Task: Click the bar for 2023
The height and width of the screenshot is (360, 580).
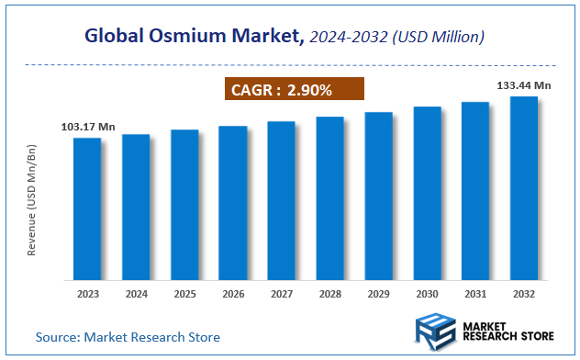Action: pos(87,208)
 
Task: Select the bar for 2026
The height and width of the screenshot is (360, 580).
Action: pos(233,203)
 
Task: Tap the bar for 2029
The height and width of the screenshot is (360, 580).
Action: pos(378,196)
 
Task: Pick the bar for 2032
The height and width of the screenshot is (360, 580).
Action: pos(524,187)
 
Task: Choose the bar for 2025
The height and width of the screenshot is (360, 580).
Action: pos(184,205)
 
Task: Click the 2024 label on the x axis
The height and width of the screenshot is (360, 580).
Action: pos(136,296)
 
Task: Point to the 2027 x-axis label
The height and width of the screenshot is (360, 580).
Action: pos(282,296)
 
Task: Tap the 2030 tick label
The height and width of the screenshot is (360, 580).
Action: pos(427,296)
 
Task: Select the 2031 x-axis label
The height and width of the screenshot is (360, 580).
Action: pos(475,296)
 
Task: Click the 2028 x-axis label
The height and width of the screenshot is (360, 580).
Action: pos(330,296)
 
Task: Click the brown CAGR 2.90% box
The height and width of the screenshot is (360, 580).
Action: pos(295,89)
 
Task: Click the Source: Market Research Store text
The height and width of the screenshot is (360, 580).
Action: pos(128,337)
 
